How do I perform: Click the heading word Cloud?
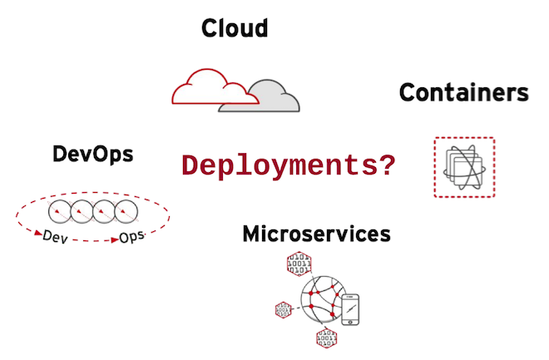pyautogui.click(x=235, y=29)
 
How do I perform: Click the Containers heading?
pyautogui.click(x=463, y=92)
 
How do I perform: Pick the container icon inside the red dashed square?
pyautogui.click(x=464, y=167)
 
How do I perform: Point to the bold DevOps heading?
pyautogui.click(x=92, y=154)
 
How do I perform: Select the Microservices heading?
pyautogui.click(x=316, y=234)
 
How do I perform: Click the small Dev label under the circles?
pyautogui.click(x=56, y=238)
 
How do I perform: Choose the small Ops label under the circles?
pyautogui.click(x=132, y=238)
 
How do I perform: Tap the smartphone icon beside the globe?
pyautogui.click(x=353, y=308)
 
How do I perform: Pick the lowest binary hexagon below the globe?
pyautogui.click(x=325, y=338)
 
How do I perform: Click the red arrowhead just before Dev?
pyautogui.click(x=38, y=236)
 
